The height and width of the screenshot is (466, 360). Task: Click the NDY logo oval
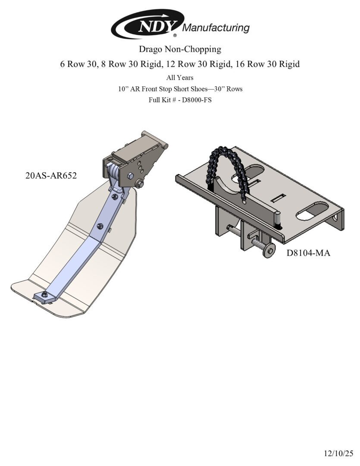tap(148, 24)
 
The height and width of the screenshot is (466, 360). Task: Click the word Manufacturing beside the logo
tap(216, 28)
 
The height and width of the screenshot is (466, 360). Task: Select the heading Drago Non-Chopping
tap(180, 49)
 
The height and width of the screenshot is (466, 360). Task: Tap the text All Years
tap(180, 78)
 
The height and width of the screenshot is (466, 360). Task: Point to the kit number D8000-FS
tap(197, 100)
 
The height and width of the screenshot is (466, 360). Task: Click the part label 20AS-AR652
tap(51, 175)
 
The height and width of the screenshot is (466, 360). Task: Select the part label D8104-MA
tap(308, 253)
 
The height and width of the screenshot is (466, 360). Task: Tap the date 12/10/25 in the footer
tap(338, 453)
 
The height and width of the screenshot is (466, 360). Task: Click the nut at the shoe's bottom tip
tap(44, 295)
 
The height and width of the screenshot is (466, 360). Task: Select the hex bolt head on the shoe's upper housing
tap(130, 176)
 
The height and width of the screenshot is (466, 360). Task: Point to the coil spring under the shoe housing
tap(113, 172)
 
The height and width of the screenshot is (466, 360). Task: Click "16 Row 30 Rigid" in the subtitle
tap(268, 64)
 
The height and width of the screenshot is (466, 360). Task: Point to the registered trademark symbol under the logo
tap(175, 35)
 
